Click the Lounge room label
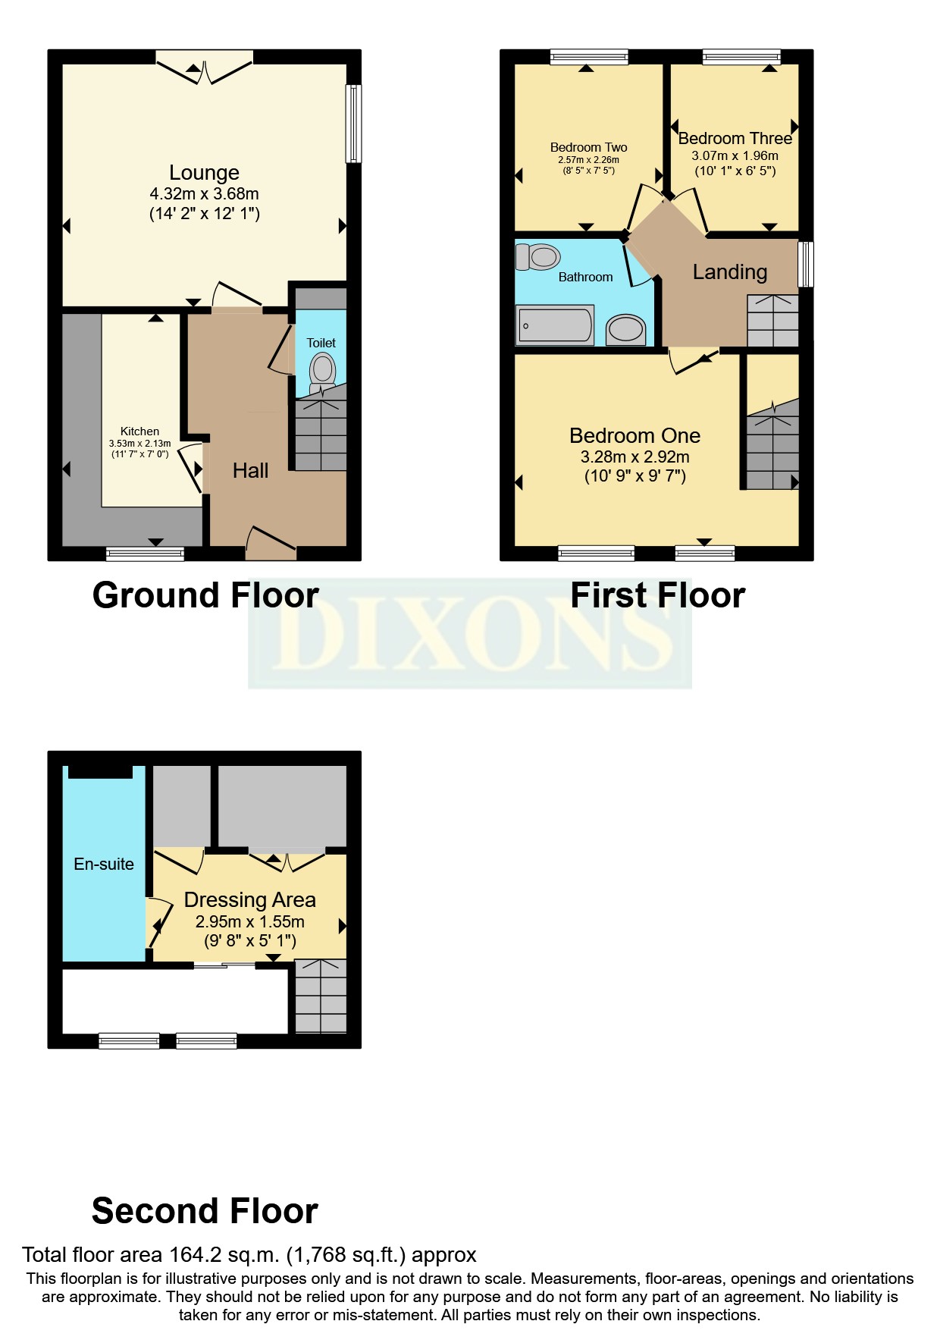click(x=204, y=173)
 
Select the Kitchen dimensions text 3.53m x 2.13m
click(x=140, y=444)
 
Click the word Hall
click(x=250, y=471)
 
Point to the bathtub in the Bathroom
click(x=555, y=325)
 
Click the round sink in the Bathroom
click(x=625, y=329)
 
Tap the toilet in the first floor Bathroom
click(x=539, y=257)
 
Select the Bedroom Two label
click(x=588, y=147)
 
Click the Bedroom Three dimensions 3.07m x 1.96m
click(x=735, y=155)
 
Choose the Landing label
click(x=729, y=272)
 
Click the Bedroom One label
click(x=634, y=436)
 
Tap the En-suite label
click(x=104, y=864)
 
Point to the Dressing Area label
click(x=249, y=900)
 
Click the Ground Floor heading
click(x=205, y=595)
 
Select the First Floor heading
click(x=657, y=595)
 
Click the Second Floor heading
click(x=205, y=1211)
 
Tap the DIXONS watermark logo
click(x=470, y=633)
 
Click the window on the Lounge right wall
click(x=353, y=124)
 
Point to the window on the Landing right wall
click(x=807, y=264)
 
